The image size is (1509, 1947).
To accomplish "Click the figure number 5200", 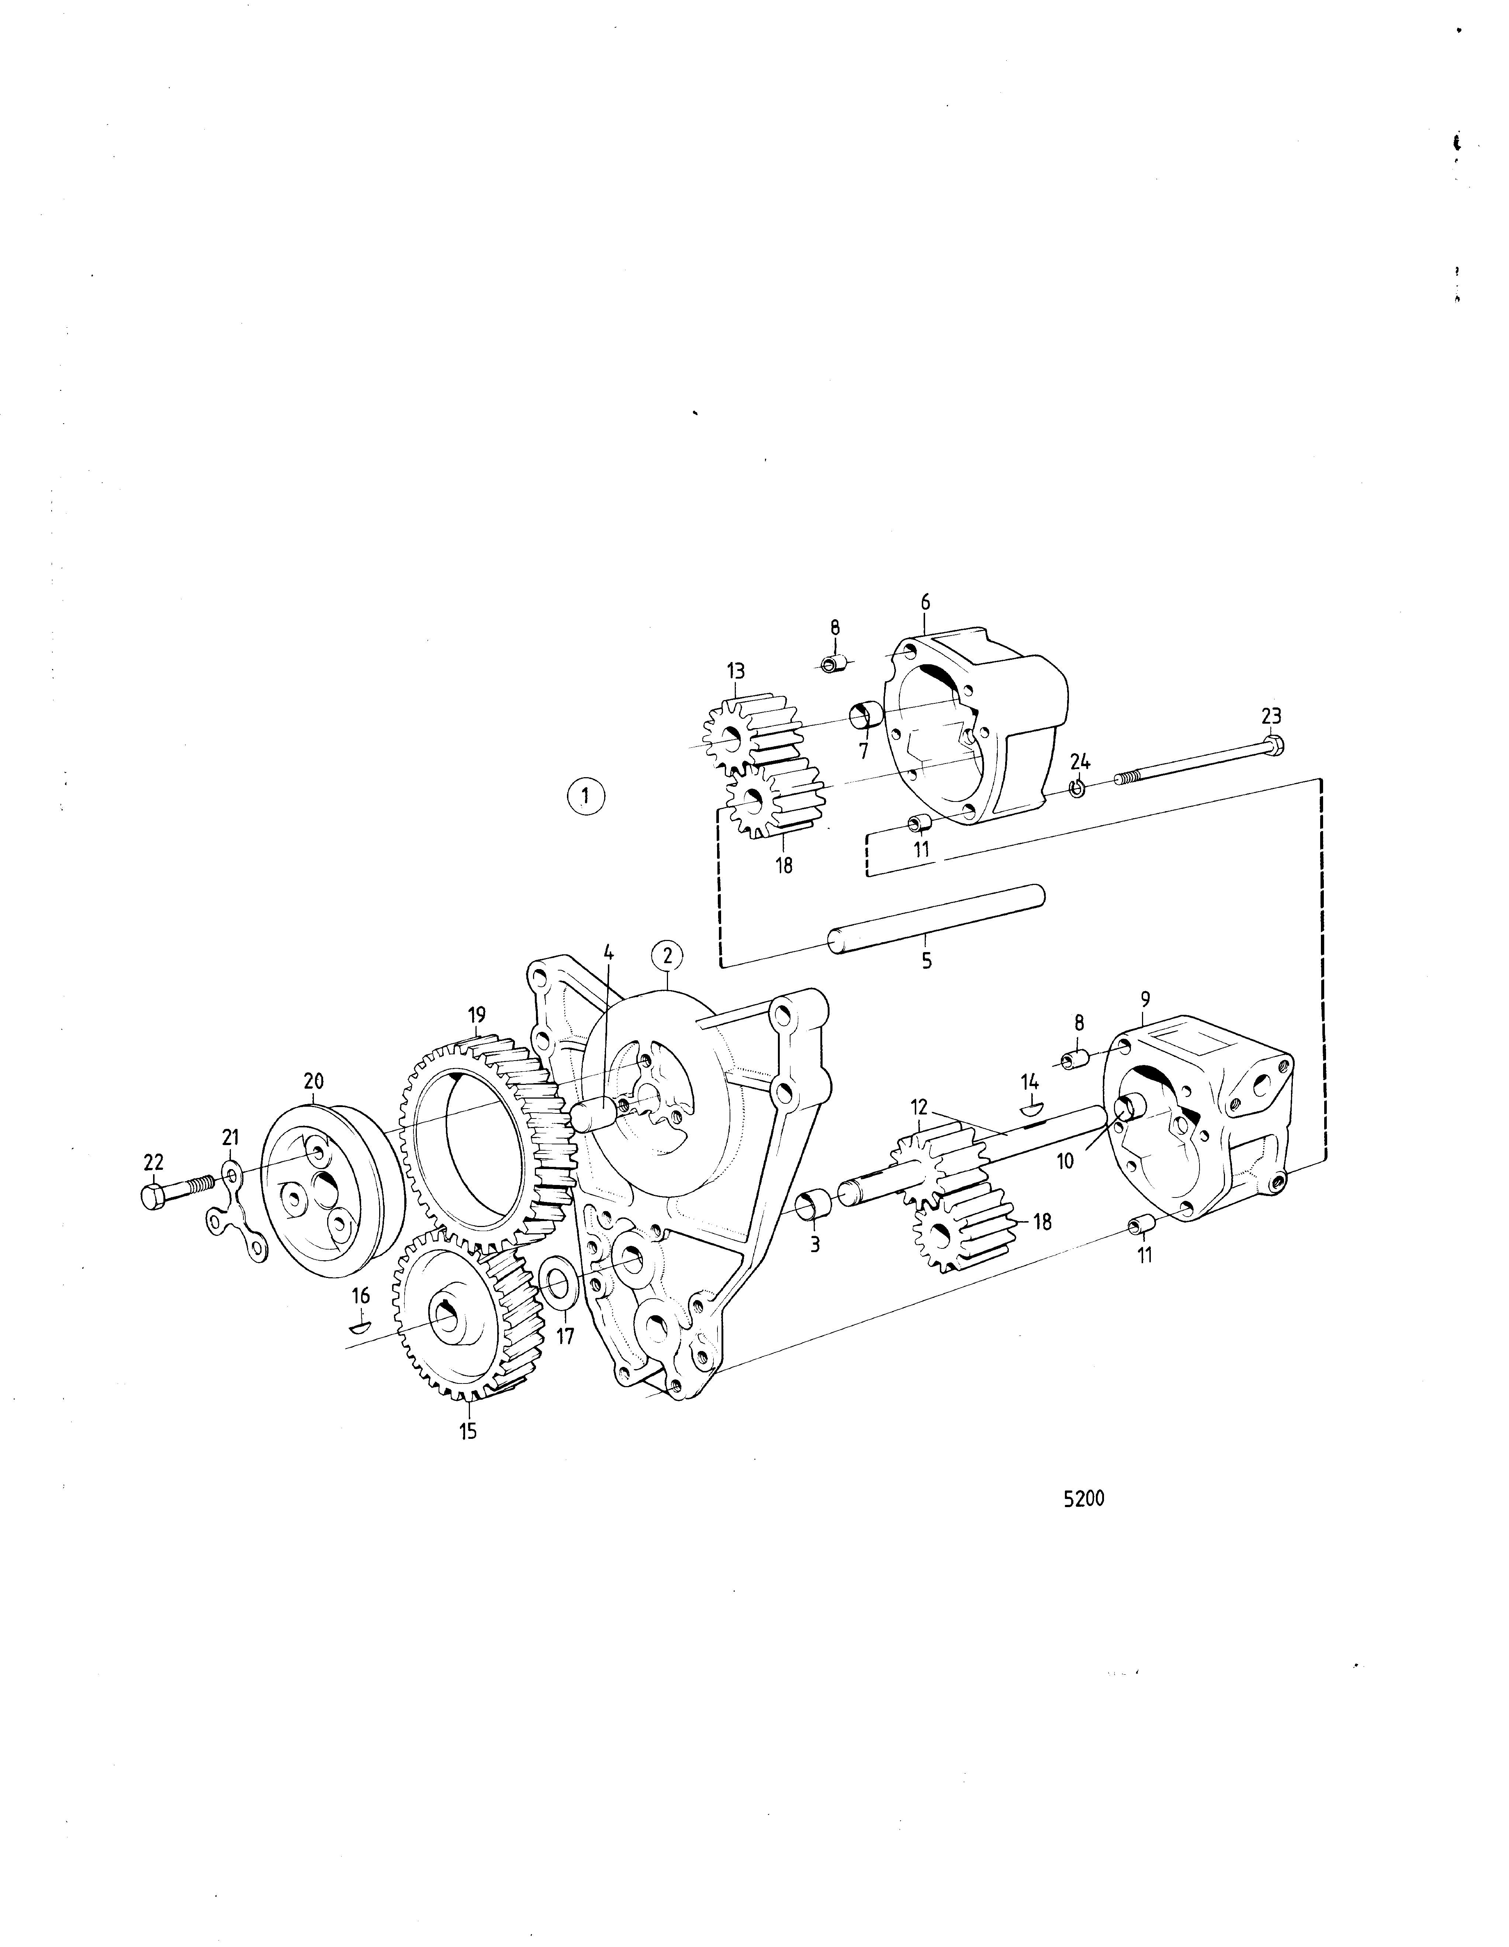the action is pos(1084,1499).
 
